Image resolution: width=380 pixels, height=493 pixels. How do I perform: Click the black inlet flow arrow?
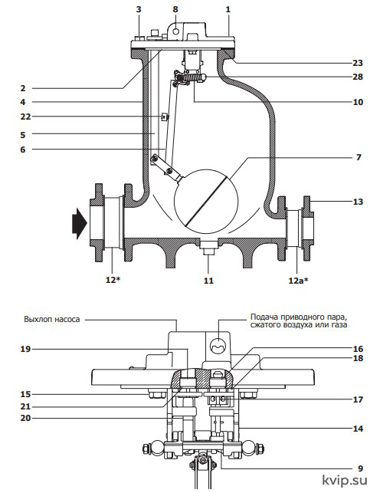click(80, 223)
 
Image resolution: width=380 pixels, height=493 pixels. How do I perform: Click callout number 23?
click(357, 63)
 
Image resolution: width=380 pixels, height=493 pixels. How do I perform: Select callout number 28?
click(357, 77)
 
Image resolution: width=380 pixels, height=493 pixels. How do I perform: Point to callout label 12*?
click(113, 280)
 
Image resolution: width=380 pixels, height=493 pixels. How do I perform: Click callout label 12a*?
click(298, 281)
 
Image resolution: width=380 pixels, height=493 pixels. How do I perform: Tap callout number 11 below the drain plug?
click(208, 281)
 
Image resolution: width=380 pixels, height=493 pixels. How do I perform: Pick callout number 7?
click(359, 157)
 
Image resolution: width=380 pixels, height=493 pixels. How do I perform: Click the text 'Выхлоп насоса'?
click(52, 320)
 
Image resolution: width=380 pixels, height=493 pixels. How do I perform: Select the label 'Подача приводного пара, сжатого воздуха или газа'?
click(299, 320)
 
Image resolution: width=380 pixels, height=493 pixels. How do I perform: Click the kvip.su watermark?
click(345, 480)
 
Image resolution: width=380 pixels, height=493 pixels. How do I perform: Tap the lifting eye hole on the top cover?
click(176, 31)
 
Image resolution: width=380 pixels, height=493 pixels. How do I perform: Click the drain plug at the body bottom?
click(208, 247)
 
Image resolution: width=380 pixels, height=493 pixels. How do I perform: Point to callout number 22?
click(26, 117)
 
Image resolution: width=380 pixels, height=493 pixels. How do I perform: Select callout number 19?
click(26, 349)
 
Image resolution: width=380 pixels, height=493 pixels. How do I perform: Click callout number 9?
click(360, 468)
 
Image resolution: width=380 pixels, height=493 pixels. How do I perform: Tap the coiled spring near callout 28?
click(188, 77)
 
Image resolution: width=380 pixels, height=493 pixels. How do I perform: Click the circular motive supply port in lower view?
click(218, 345)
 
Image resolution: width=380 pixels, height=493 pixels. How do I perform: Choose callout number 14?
click(358, 429)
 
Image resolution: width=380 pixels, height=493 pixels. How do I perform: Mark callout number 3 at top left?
click(139, 9)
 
